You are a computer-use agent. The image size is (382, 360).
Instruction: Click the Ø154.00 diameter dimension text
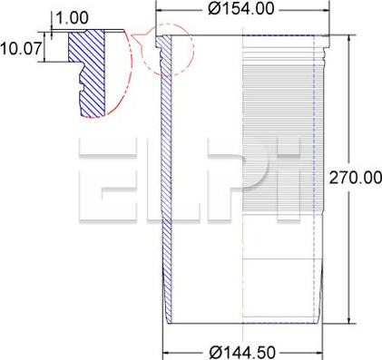[x=240, y=9]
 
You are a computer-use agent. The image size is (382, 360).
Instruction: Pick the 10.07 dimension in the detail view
[x=21, y=48]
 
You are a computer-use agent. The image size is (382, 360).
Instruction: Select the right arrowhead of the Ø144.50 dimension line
[x=319, y=350]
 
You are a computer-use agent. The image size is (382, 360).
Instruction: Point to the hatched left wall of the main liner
[x=167, y=181]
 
